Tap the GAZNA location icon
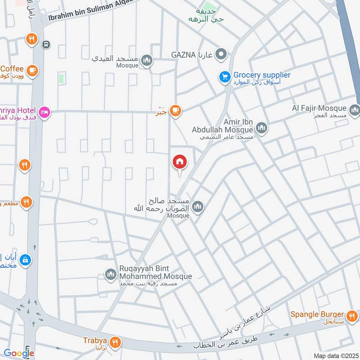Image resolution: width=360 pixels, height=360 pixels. (x=220, y=55)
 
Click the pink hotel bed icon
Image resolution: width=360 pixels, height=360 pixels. (x=44, y=111)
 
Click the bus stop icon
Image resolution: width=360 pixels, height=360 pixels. (x=47, y=45)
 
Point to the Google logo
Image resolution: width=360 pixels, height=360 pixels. (x=19, y=353)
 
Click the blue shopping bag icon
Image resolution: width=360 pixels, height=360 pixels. (x=26, y=260)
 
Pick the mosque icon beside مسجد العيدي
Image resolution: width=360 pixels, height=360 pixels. (x=146, y=60)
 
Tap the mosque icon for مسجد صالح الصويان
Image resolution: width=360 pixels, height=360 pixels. (x=198, y=207)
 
